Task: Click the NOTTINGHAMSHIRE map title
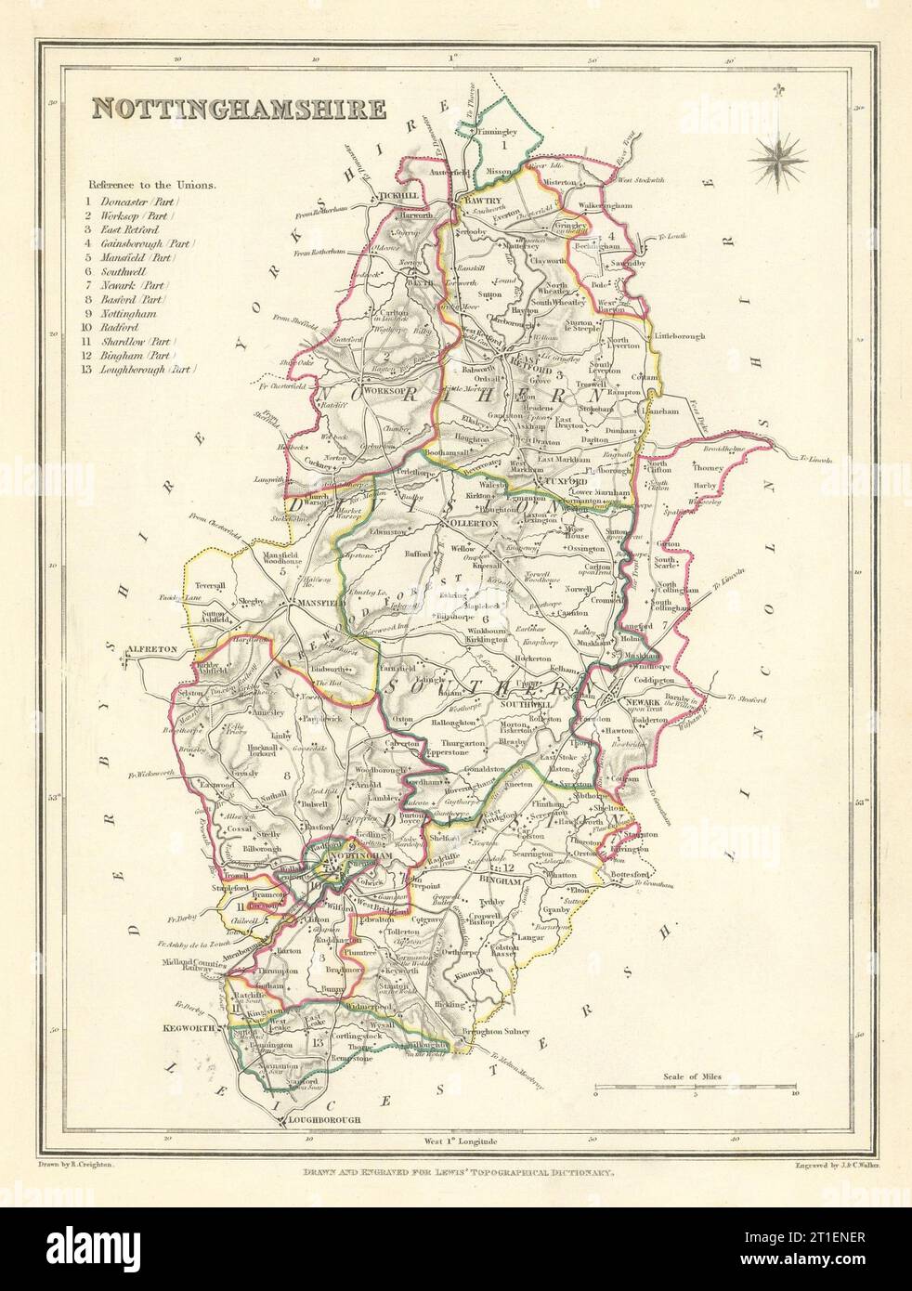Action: coord(238,108)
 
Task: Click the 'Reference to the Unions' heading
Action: coord(152,184)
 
